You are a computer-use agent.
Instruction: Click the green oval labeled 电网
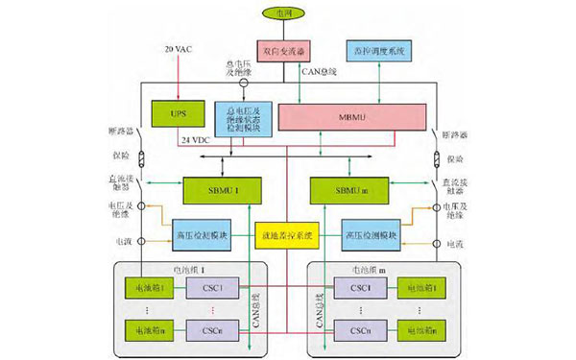[x=285, y=16]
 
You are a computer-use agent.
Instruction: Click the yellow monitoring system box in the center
[x=286, y=232]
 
